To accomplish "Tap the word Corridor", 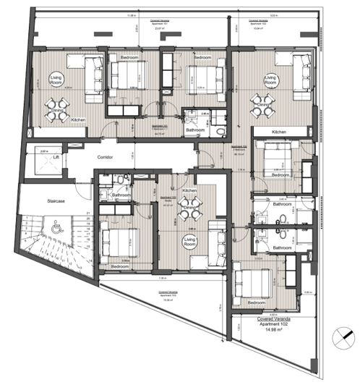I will click(x=107, y=156).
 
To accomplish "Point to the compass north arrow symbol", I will click(x=342, y=338).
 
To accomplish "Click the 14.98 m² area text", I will click(x=273, y=331).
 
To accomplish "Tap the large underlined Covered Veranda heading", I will click(x=273, y=317).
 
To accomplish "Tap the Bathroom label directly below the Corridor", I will click(x=121, y=195).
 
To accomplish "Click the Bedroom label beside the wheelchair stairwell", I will click(x=119, y=266).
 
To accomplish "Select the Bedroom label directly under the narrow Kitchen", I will click(x=280, y=174).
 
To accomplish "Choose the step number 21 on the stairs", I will click(x=87, y=213).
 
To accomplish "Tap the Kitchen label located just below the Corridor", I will click(x=190, y=190).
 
